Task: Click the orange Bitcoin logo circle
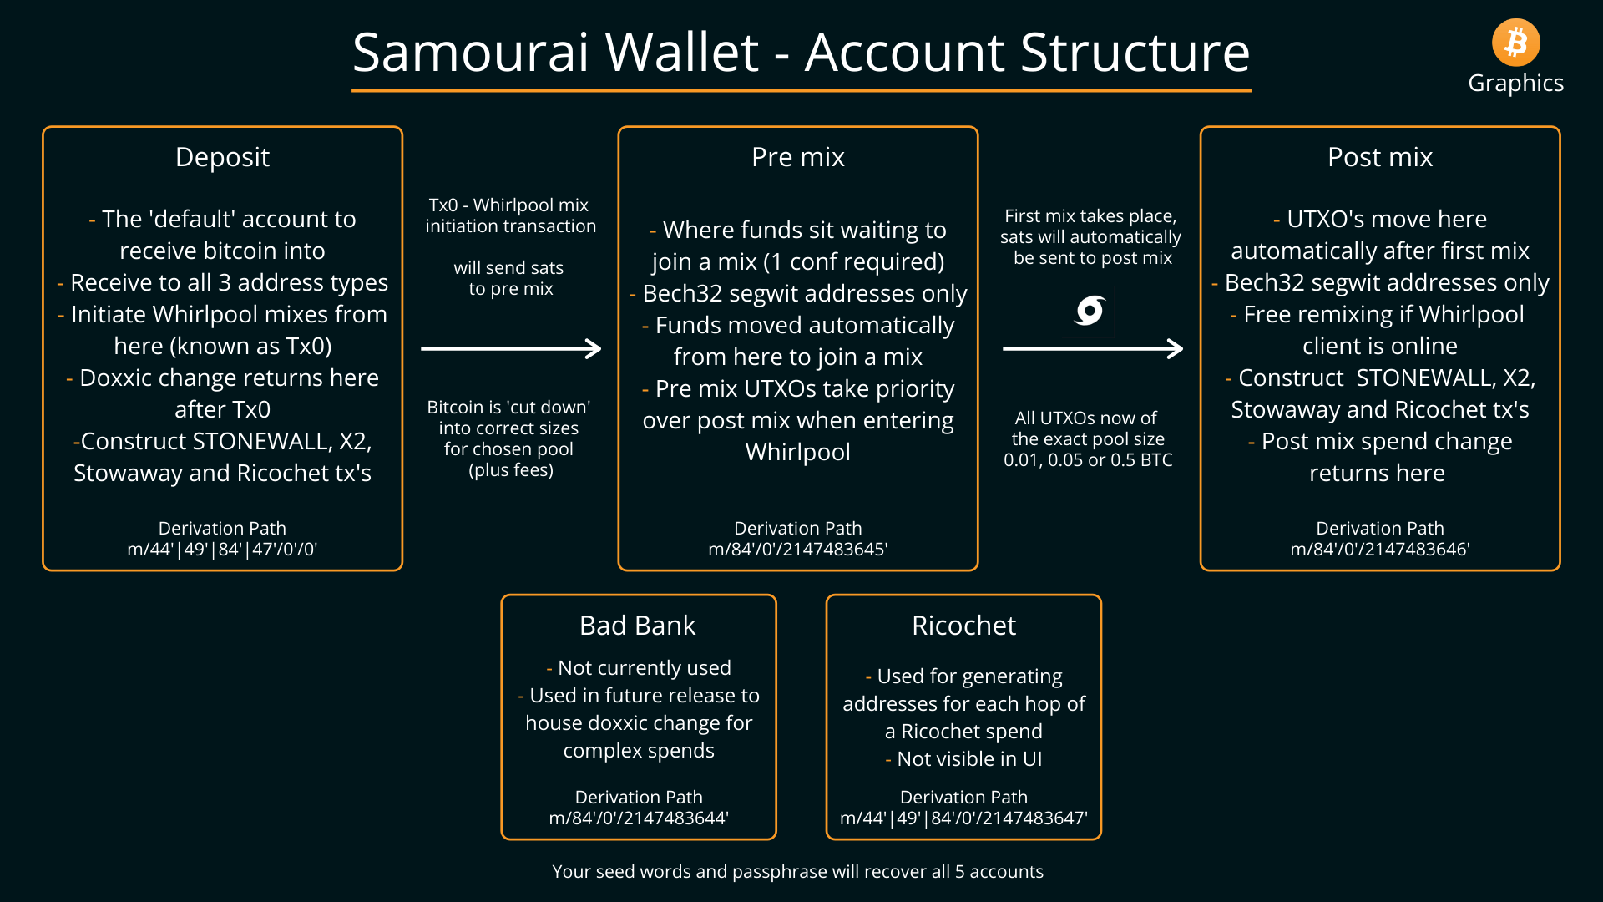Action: coord(1515,43)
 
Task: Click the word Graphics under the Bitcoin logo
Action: coord(1515,84)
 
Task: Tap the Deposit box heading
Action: coord(222,158)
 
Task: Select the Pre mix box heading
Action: coord(798,157)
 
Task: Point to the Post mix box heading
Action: coord(1380,157)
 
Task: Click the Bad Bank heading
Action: coord(638,626)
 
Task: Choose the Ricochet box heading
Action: coord(963,626)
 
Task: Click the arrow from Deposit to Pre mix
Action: coord(511,348)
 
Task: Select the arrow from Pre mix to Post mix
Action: coord(1093,348)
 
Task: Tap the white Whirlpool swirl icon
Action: coord(1090,311)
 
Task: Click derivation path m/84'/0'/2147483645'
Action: coord(798,550)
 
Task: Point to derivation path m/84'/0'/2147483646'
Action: coord(1380,550)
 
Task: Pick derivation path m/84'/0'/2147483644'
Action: coord(639,818)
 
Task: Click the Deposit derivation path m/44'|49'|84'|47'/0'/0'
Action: coord(222,550)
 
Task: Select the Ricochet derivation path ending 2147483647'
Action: coord(963,818)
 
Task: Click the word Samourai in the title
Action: coord(471,53)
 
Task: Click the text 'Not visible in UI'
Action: coord(969,759)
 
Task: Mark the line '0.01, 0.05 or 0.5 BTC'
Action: coord(1088,460)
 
